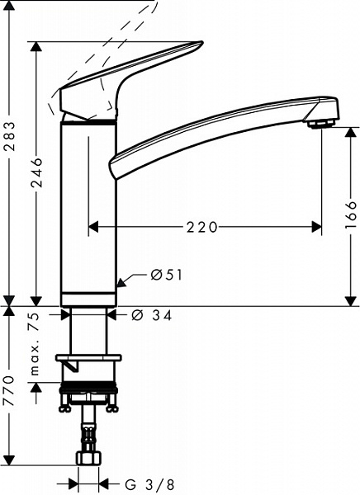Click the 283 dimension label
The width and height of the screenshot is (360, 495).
(x=11, y=136)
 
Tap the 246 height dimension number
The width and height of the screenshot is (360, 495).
(x=36, y=172)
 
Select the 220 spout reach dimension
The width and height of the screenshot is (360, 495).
(x=202, y=227)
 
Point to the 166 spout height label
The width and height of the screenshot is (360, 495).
(x=351, y=215)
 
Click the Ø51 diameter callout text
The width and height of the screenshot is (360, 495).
(x=167, y=276)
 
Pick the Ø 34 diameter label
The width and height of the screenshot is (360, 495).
(x=152, y=315)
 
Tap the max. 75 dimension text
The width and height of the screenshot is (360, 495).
(x=35, y=344)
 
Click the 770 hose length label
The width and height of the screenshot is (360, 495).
(x=8, y=390)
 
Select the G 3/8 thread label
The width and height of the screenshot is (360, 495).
(x=149, y=484)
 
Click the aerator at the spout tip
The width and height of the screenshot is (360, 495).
(x=321, y=124)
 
